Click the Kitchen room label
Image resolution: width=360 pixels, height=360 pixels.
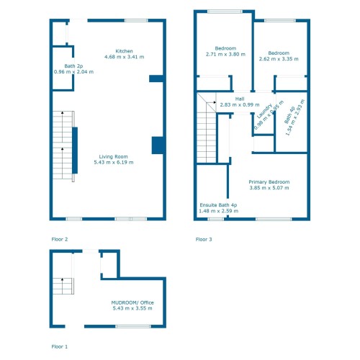(125, 51)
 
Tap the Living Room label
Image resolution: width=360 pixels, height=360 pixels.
(113, 156)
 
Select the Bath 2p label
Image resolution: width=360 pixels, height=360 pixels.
(63, 66)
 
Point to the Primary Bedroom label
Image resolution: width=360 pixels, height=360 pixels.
(269, 182)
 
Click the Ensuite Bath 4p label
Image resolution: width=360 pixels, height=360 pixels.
(218, 205)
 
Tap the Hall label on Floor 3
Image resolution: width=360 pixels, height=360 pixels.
(240, 99)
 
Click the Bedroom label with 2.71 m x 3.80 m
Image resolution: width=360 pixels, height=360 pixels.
(225, 48)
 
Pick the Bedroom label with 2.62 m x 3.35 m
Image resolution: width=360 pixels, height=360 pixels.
(279, 53)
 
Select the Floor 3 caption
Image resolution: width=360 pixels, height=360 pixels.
(204, 238)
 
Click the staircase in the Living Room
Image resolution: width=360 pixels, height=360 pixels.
(63, 148)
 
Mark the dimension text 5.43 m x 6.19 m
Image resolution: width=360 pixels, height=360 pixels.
(113, 163)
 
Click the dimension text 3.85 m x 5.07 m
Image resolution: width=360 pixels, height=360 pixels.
(269, 189)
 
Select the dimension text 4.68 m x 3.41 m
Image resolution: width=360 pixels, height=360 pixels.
(125, 57)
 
